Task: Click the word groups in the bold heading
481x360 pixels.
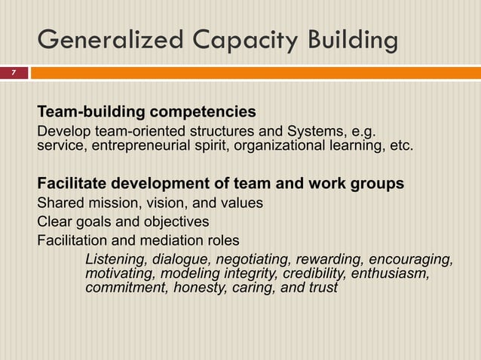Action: coord(376,184)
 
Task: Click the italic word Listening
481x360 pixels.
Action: coord(115,260)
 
